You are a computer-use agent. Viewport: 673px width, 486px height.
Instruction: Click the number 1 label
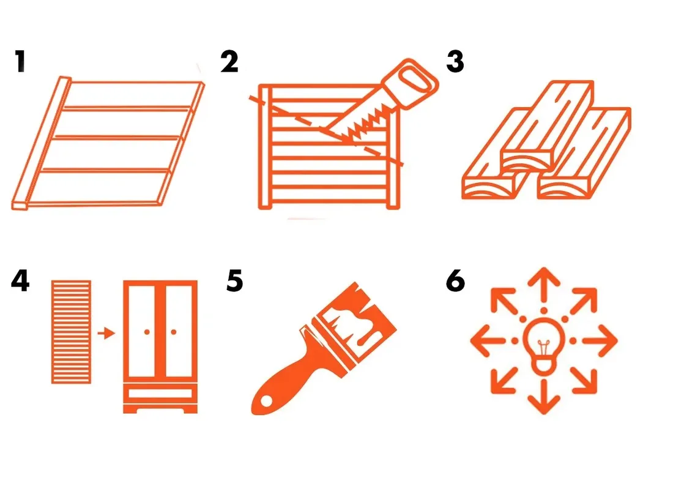(x=20, y=61)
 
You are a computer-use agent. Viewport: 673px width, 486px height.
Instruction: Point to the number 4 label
(x=20, y=281)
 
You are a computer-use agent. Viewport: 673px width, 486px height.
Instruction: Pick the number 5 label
(x=234, y=281)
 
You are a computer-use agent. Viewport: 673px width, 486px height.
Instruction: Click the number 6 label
(x=455, y=281)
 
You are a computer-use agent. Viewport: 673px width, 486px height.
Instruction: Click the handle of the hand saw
(x=411, y=83)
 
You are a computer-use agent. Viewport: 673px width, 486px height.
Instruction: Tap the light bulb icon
(x=544, y=346)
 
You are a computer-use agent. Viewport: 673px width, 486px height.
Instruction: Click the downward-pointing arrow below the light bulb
(x=544, y=398)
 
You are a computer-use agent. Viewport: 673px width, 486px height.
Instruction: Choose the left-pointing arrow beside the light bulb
(x=488, y=341)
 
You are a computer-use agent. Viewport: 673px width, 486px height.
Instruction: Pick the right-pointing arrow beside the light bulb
(x=600, y=341)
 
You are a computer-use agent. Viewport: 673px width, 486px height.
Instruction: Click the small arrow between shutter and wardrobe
(x=106, y=333)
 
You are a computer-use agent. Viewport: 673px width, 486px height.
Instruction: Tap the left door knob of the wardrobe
(x=147, y=332)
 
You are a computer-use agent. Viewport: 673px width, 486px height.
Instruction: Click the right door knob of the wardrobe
(x=173, y=332)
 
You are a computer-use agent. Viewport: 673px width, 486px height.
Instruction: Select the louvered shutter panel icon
(x=71, y=332)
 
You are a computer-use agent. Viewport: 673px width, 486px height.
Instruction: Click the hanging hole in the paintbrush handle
(x=267, y=401)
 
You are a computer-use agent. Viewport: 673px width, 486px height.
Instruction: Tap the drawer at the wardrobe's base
(x=160, y=393)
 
